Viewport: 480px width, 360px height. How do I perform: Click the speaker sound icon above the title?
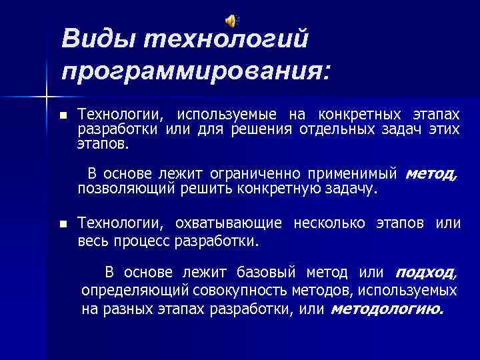click(x=232, y=20)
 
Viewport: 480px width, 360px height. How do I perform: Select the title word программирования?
click(x=195, y=69)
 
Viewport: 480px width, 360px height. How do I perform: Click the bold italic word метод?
click(x=431, y=174)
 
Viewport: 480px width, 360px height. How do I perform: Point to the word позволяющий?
click(x=127, y=188)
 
